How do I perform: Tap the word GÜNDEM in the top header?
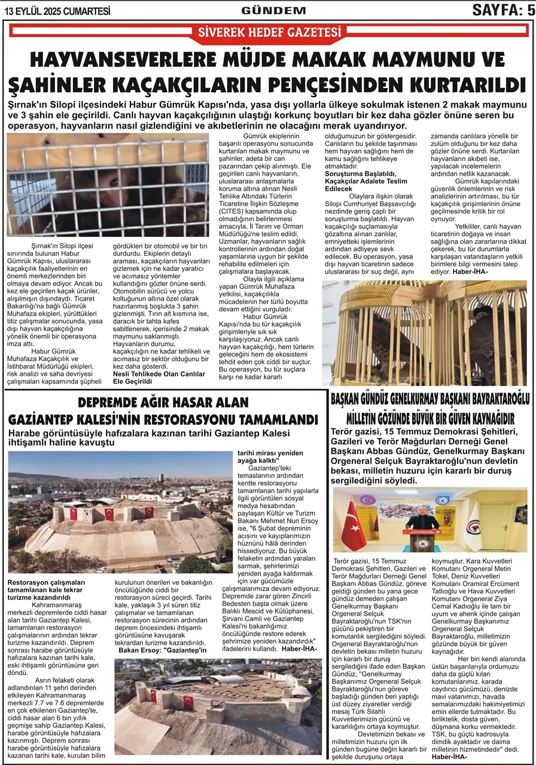pyautogui.click(x=273, y=10)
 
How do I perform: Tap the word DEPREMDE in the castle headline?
pyautogui.click(x=115, y=402)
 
